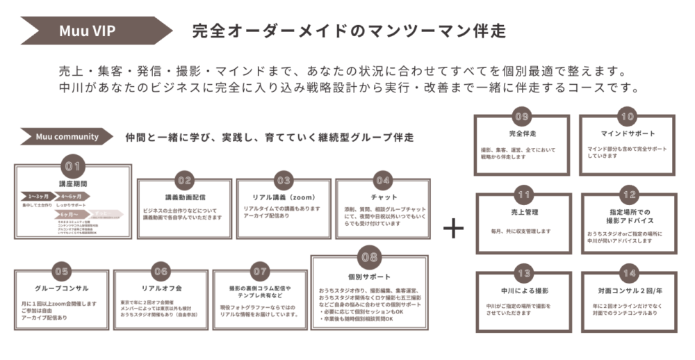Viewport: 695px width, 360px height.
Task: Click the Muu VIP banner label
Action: [87, 31]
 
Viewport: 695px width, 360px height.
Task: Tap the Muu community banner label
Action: [67, 137]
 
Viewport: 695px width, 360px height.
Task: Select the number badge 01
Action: [73, 166]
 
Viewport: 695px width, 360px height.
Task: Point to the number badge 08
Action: [369, 258]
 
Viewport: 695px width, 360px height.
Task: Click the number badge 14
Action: [628, 273]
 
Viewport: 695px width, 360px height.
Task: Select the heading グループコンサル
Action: [62, 288]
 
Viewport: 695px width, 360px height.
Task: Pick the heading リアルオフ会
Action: [161, 288]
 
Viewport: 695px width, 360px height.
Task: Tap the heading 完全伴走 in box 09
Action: [521, 133]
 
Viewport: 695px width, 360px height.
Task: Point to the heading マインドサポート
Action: [628, 133]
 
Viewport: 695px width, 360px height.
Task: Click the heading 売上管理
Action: [523, 212]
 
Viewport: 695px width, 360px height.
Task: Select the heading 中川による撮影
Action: [523, 291]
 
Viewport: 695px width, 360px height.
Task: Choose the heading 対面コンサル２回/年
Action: [628, 291]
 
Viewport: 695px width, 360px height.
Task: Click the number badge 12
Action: [628, 195]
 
